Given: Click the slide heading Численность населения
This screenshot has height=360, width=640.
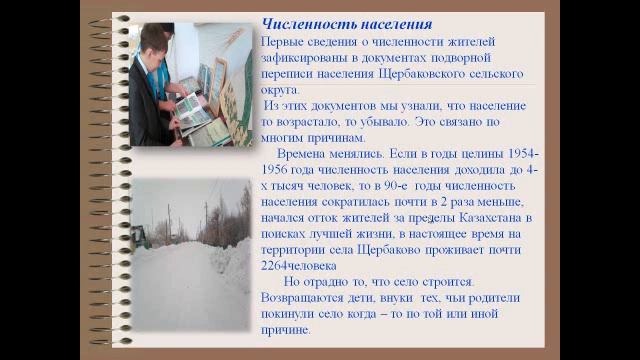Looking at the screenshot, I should pos(346,23).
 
